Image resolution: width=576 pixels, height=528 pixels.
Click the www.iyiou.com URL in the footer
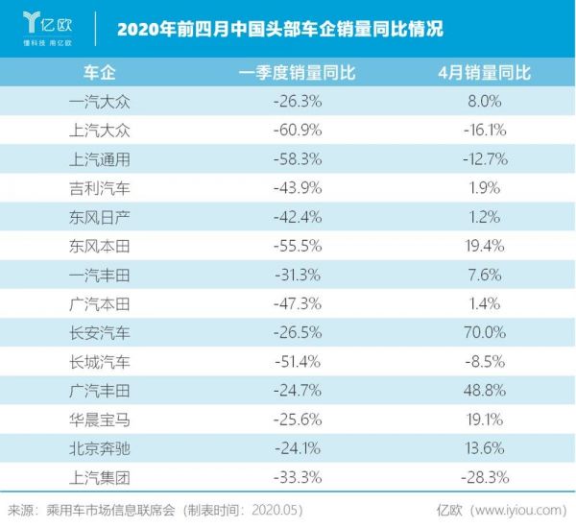coord(517,510)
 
